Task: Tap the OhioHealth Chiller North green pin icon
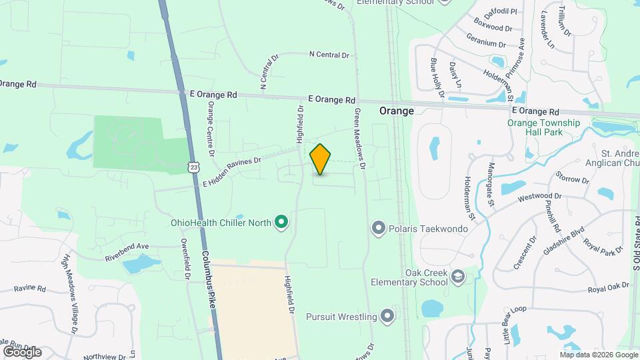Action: click(x=282, y=221)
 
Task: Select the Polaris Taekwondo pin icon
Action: click(x=379, y=229)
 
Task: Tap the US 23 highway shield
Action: click(x=193, y=167)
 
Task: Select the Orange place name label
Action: click(x=397, y=111)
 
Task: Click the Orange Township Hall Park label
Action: click(x=544, y=127)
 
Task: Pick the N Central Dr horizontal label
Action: click(x=329, y=55)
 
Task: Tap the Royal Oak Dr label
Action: click(x=608, y=287)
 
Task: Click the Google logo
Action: click(x=21, y=351)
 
